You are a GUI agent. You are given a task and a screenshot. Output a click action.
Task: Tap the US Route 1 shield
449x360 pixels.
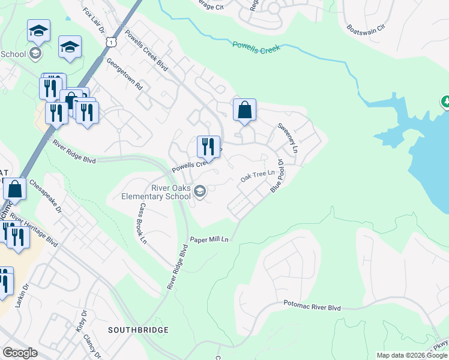(110, 41)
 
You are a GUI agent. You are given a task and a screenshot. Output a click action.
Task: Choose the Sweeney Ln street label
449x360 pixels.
(287, 137)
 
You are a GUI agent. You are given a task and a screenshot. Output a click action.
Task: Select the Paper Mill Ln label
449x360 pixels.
(209, 239)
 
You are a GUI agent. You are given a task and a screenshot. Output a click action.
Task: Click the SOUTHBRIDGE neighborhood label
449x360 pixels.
(138, 330)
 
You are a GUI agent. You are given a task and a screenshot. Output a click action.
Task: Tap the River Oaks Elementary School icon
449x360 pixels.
(200, 192)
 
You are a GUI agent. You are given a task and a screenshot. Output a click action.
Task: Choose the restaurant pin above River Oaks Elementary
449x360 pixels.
(208, 146)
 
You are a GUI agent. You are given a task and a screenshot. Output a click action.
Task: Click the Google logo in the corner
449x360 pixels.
(20, 353)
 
